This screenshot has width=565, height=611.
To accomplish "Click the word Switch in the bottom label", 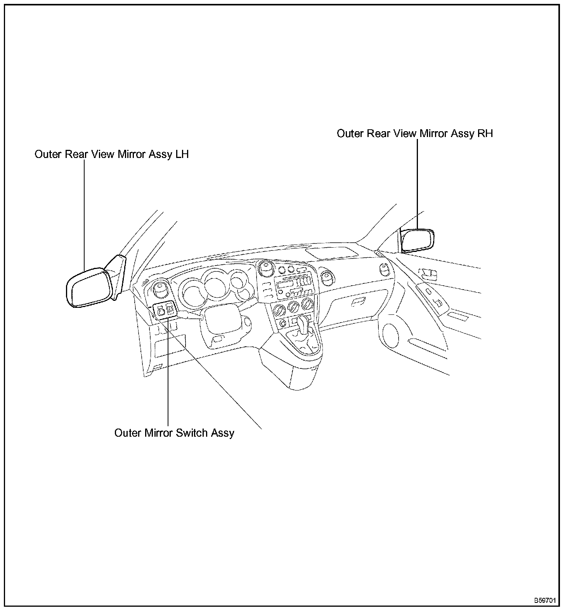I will pos(192,433).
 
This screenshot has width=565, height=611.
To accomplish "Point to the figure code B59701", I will pos(547,600).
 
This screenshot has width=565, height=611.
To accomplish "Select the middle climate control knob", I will pos(293,309).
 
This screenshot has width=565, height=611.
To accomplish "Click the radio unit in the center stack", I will pos(293,288).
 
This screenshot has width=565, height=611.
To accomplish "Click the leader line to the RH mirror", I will pos(418,182).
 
